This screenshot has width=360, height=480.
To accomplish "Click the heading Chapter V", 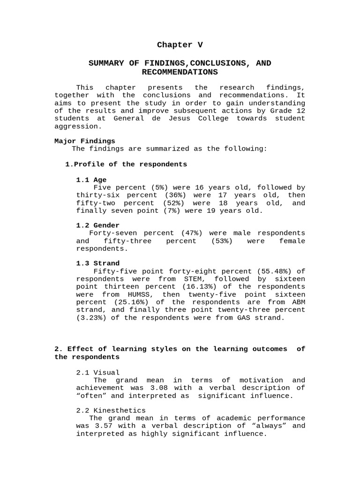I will pos(180,45).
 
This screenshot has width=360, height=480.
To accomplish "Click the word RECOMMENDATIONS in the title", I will pos(180,72).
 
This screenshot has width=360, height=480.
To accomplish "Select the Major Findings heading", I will pos(84,141).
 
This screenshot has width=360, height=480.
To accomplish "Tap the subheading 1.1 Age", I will pos(91,180).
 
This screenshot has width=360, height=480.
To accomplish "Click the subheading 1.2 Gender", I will pos(97,225).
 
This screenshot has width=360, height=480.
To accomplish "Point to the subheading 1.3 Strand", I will pos(97,263).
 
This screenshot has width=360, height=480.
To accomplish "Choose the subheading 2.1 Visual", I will pos(97,373).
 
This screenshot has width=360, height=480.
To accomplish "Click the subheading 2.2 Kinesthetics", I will pos(111,411).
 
